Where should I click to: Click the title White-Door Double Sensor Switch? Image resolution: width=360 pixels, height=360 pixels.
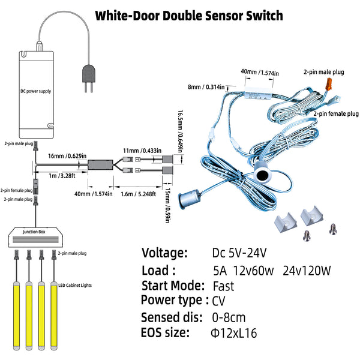(189, 16)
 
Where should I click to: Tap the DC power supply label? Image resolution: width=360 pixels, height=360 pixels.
(36, 91)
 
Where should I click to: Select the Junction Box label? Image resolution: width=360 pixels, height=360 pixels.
(34, 232)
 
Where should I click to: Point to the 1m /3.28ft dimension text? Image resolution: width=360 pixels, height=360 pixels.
(62, 176)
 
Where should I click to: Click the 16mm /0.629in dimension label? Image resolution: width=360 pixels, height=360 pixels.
(67, 156)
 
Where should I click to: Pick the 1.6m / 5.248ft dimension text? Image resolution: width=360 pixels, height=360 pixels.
(138, 194)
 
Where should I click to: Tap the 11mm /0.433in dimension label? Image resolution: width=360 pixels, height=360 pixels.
(142, 151)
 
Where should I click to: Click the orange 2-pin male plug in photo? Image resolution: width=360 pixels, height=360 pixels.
(329, 84)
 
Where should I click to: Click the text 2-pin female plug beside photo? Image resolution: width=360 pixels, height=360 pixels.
(336, 113)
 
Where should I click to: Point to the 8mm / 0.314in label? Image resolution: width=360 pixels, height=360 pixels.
(206, 87)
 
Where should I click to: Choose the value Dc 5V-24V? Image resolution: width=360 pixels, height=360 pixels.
(239, 253)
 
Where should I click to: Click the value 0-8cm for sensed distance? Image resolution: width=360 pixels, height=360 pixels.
(229, 317)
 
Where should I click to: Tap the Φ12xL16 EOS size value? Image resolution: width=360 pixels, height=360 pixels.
(234, 333)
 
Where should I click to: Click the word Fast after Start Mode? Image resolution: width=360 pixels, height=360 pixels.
(223, 286)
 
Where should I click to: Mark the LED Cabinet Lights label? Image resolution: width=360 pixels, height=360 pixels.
(75, 285)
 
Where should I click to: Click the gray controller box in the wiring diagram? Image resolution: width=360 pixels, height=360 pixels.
(101, 164)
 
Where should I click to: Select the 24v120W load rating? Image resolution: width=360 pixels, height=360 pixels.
(307, 271)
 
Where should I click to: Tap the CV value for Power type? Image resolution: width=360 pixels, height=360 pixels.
(218, 301)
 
